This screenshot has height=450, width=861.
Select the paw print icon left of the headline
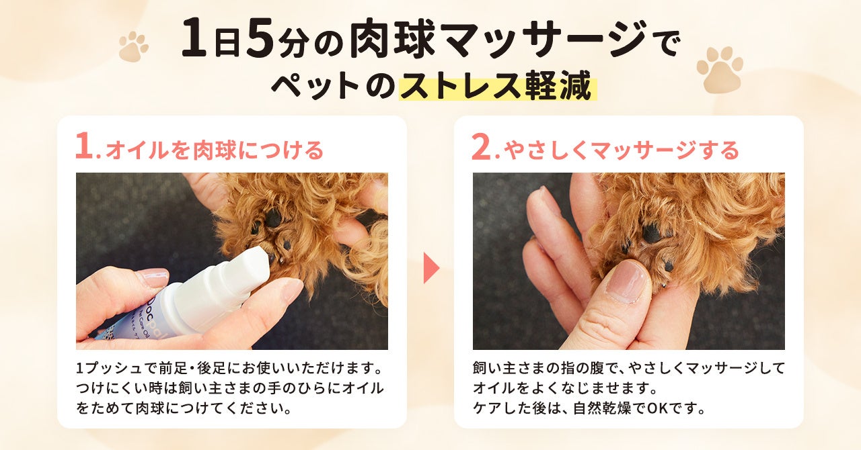click(133, 46)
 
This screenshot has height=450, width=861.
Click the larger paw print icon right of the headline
click(720, 69)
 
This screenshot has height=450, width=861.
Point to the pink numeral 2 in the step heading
click(482, 146)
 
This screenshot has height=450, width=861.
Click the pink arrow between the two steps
click(431, 268)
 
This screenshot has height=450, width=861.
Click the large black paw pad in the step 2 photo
click(652, 232)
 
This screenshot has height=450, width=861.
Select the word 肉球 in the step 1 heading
click(214, 150)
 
